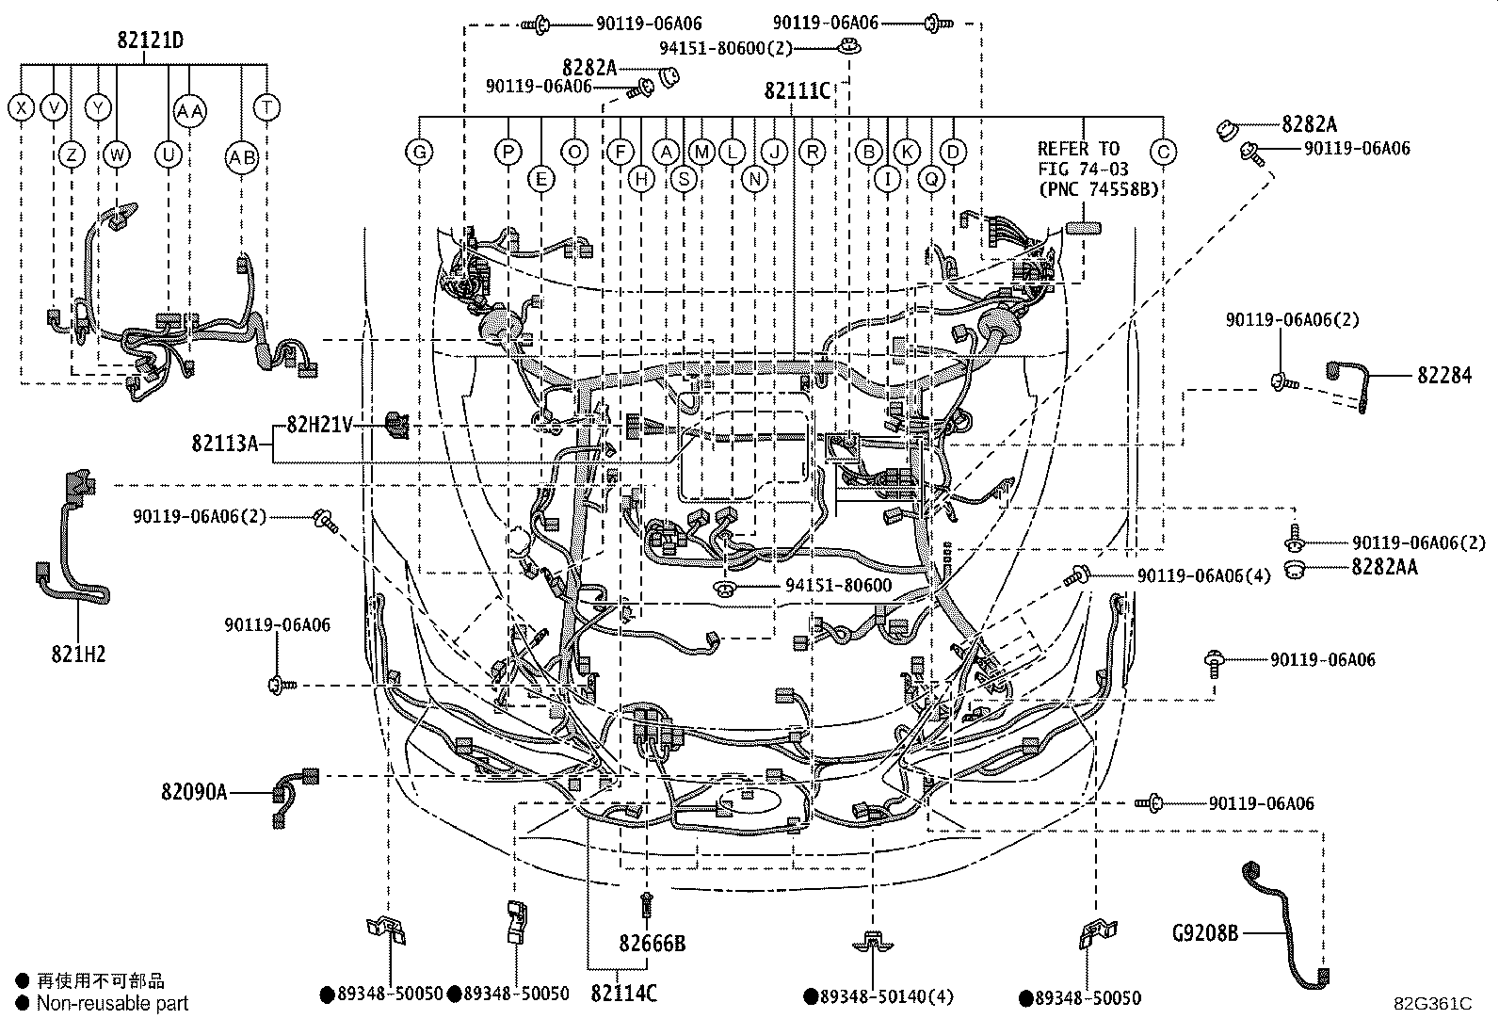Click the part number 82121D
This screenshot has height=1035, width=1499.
(150, 41)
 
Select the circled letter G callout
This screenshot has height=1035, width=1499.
(419, 152)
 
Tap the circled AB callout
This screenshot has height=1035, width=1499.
(242, 158)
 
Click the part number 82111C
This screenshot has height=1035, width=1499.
(797, 90)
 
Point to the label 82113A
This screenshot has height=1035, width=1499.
(224, 443)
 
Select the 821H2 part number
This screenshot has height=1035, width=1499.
(78, 653)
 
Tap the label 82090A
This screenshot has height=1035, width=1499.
(194, 792)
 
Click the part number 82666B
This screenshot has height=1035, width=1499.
(652, 943)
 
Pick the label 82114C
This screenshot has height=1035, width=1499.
(623, 993)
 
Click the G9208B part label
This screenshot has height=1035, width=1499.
(1204, 933)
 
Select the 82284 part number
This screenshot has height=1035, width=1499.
(1444, 376)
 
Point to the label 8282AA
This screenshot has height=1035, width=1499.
(1384, 567)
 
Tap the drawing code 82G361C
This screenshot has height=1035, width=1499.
(1432, 1004)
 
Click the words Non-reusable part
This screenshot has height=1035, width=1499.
(112, 1004)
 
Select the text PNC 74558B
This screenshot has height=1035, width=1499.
(1098, 189)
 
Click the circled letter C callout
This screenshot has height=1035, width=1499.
(1164, 152)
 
